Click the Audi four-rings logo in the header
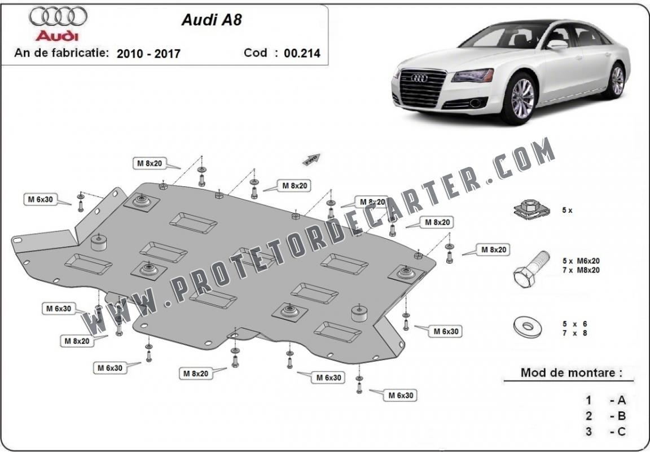[58, 16]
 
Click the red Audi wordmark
[57, 36]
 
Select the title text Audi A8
[212, 20]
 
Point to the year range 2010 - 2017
[148, 54]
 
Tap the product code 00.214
[302, 53]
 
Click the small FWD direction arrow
[311, 159]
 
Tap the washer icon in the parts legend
[528, 327]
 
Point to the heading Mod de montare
[571, 372]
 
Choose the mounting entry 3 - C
[605, 432]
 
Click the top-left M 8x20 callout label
[150, 164]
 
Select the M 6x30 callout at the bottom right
[401, 395]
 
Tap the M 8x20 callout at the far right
[493, 249]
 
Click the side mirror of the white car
[556, 45]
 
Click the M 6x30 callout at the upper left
[40, 199]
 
